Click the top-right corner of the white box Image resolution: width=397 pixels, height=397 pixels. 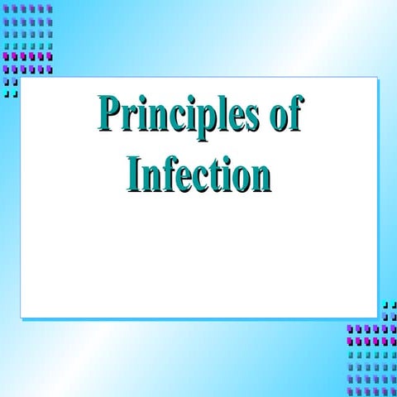point(376,79)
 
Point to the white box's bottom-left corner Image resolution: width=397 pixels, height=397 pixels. point(22,317)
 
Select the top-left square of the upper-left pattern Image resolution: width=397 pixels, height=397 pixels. point(6,8)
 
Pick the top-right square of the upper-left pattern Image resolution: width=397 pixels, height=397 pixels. point(49,8)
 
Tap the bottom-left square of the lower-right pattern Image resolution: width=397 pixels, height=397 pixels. point(350,391)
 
